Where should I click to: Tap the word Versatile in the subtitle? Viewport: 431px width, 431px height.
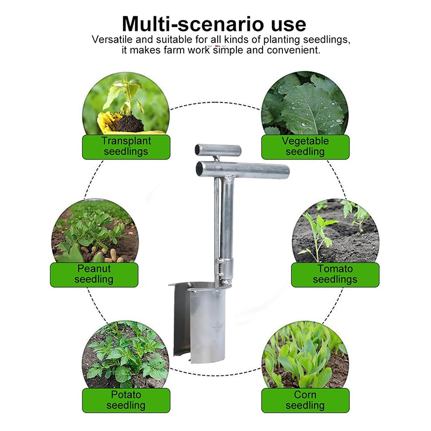[x=111, y=40]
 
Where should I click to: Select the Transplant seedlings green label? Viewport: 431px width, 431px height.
[x=126, y=146]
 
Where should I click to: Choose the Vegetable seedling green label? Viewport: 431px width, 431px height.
[x=305, y=146]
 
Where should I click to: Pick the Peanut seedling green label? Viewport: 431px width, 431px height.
[x=94, y=274]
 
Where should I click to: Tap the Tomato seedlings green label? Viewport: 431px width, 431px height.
[x=335, y=274]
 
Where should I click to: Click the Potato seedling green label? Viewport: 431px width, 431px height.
[x=126, y=400]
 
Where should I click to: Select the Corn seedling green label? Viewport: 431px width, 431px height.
[x=305, y=400]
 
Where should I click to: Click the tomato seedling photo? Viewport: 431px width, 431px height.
[x=335, y=230]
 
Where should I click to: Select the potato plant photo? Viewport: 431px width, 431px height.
[x=126, y=356]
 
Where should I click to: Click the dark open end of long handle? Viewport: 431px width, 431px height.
[x=200, y=168]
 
